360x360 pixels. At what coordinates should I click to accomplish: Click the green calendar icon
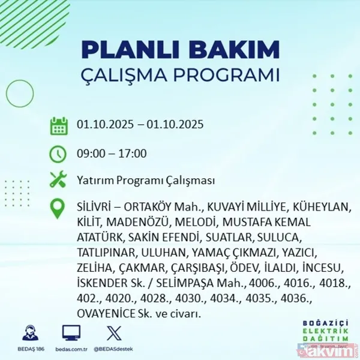(x=58, y=126)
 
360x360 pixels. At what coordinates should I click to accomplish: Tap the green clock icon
(x=58, y=154)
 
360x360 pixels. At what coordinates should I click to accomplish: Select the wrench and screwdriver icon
(x=58, y=180)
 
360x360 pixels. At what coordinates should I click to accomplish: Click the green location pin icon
(x=58, y=208)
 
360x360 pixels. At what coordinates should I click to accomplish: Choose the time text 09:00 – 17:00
(x=112, y=154)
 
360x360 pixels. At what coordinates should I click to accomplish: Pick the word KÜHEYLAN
(x=319, y=208)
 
